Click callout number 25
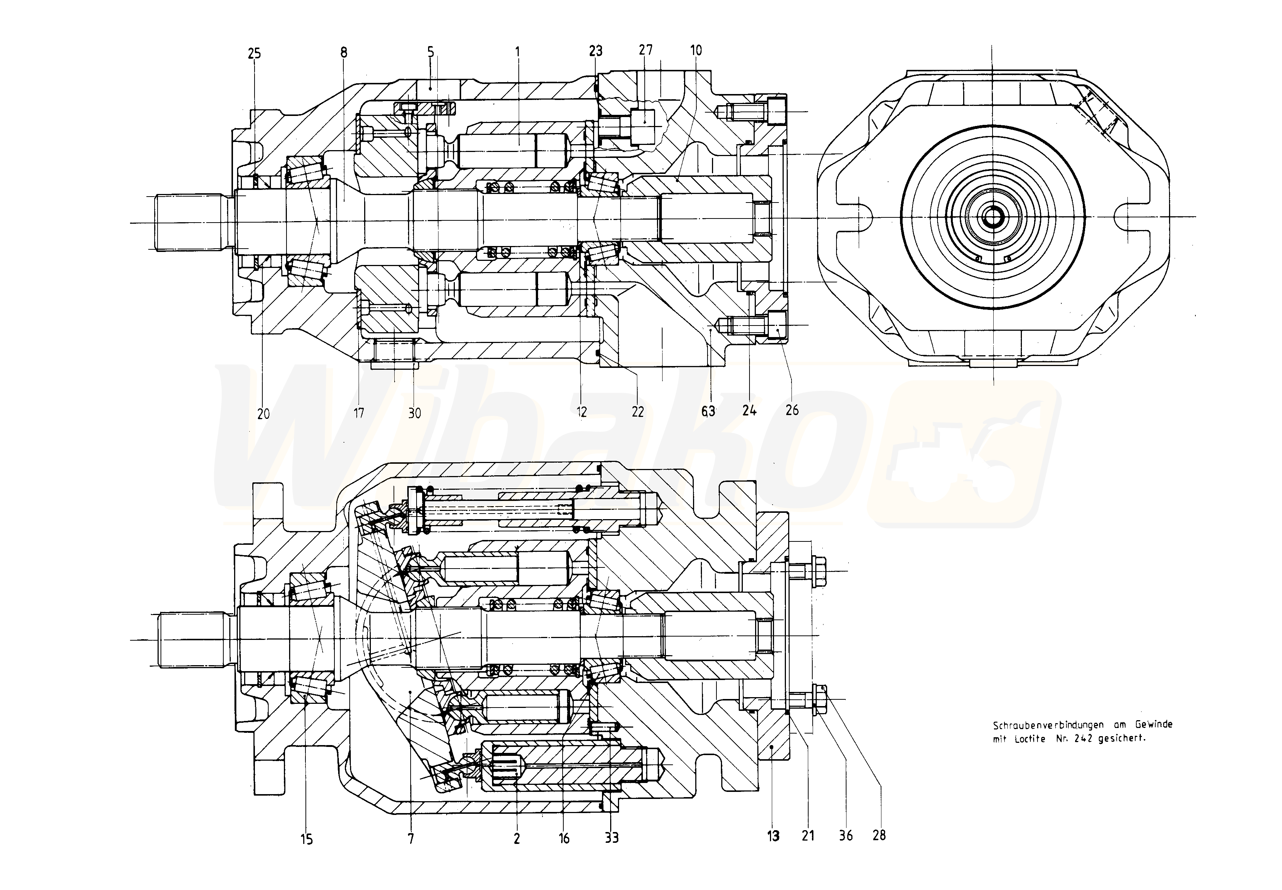(254, 54)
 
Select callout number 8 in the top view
(343, 52)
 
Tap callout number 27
(646, 50)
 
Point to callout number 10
(696, 50)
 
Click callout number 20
(263, 413)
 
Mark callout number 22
(638, 411)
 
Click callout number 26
(792, 410)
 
